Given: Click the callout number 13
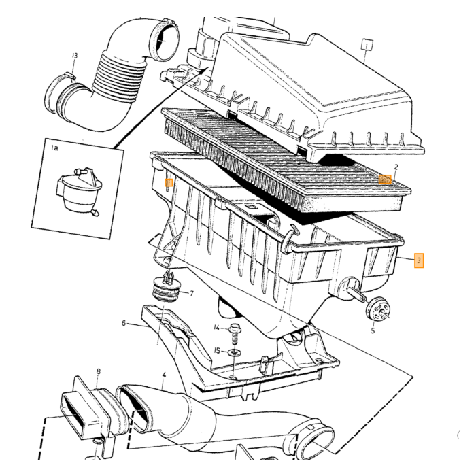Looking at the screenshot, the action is [x=75, y=56].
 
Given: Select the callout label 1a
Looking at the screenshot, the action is [x=54, y=148].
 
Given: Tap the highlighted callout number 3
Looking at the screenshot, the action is [x=419, y=260].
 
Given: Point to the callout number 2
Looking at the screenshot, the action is [x=396, y=167].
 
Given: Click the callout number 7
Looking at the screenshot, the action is [x=192, y=294].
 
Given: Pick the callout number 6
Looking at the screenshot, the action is [x=124, y=323].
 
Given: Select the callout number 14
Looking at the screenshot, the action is [x=216, y=328].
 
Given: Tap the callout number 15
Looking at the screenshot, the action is [x=217, y=351].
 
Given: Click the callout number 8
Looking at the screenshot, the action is [x=99, y=371].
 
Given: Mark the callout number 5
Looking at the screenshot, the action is [x=373, y=330].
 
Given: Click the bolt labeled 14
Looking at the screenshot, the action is [x=234, y=335].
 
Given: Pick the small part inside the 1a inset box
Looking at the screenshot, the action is [x=79, y=191].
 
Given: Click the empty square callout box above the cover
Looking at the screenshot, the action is [x=367, y=46].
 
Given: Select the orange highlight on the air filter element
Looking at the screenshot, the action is [x=385, y=180].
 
